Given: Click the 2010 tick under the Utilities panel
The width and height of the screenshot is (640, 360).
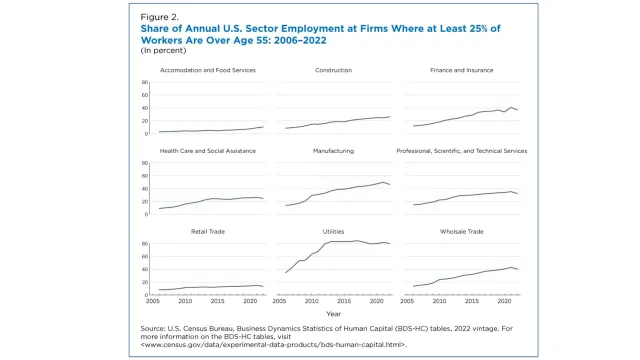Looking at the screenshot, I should (312, 299).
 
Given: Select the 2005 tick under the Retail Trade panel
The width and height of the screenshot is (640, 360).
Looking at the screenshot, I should (154, 299).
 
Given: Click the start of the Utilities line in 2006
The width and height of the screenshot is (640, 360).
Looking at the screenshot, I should (286, 272).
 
